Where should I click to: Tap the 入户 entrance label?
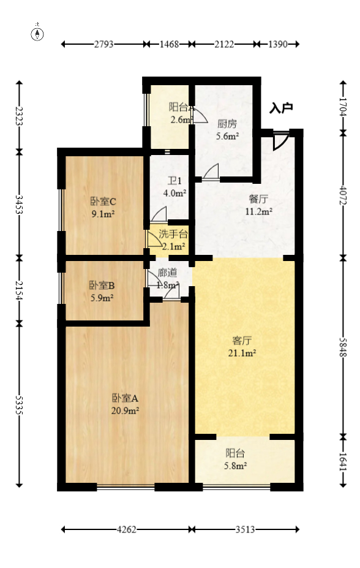click(x=281, y=108)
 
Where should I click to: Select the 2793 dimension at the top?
click(x=103, y=44)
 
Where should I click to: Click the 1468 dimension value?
click(x=168, y=44)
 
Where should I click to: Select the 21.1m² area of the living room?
click(x=243, y=353)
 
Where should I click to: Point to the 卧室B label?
click(x=102, y=286)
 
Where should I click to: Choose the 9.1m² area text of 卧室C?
click(x=103, y=214)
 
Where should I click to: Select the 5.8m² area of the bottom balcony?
click(x=236, y=466)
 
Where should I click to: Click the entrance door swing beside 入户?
click(x=280, y=141)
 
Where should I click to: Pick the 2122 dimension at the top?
click(x=223, y=44)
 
